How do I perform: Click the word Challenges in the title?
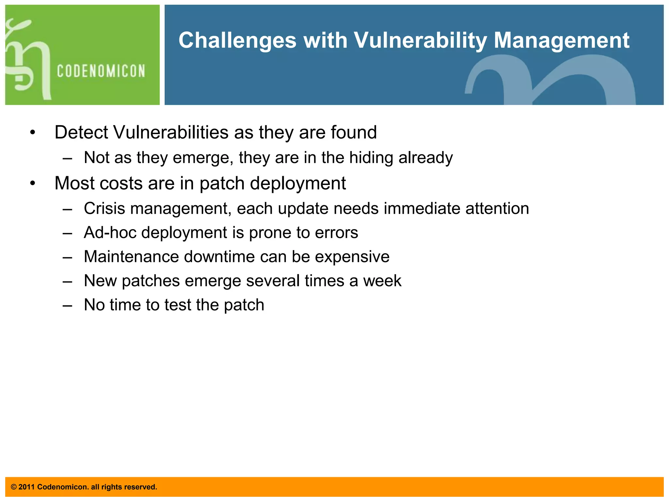[x=237, y=41]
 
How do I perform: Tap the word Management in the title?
[x=561, y=41]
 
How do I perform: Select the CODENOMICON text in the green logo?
[x=101, y=71]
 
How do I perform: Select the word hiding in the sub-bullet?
[x=371, y=158]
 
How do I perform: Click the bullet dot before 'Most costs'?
[x=32, y=183]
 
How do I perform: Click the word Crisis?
[x=104, y=209]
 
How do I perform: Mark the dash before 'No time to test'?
[x=67, y=305]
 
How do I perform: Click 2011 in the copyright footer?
[x=26, y=487]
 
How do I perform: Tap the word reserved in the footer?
[x=143, y=487]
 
